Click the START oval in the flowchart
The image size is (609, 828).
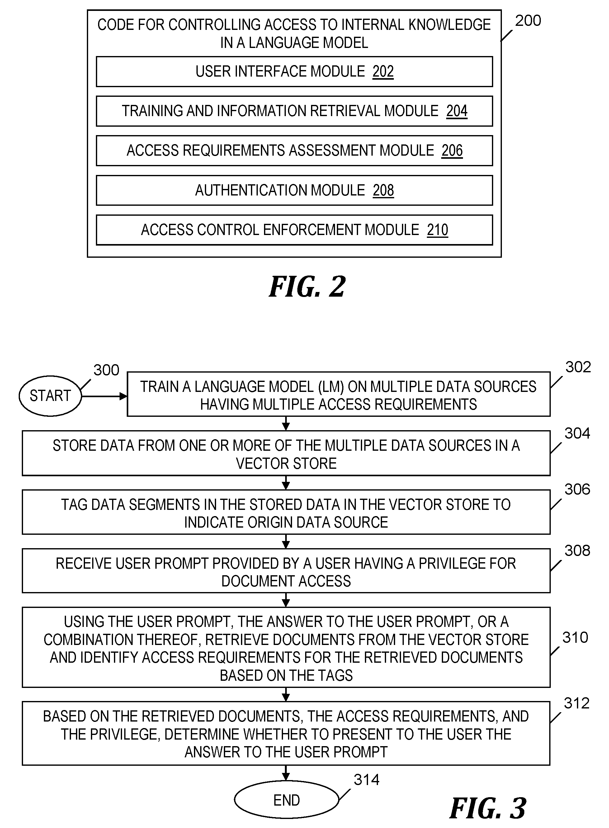point(50,396)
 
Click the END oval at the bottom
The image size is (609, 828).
point(286,800)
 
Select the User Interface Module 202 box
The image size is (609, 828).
point(294,72)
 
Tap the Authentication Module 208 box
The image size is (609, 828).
point(294,190)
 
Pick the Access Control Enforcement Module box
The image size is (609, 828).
point(294,230)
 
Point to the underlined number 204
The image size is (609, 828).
point(457,111)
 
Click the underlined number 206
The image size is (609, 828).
point(452,151)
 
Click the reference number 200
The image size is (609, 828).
point(528,21)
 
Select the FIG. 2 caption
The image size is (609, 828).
point(307,286)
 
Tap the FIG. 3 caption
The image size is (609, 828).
point(488,808)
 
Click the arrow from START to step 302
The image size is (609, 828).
point(104,396)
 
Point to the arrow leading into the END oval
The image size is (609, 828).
point(286,773)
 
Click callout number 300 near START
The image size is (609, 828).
point(106,370)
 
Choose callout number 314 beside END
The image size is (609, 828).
point(366,780)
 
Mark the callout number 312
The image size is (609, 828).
point(577,703)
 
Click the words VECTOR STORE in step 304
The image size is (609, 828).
point(286,463)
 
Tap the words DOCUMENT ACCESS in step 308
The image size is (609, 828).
point(286,581)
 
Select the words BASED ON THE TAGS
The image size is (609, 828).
point(286,675)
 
